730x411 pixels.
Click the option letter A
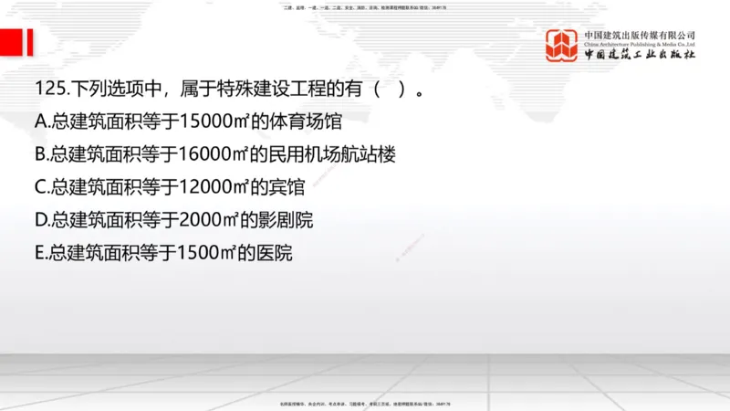pos(39,121)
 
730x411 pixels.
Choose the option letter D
pos(40,220)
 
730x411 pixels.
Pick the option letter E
pos(39,253)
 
